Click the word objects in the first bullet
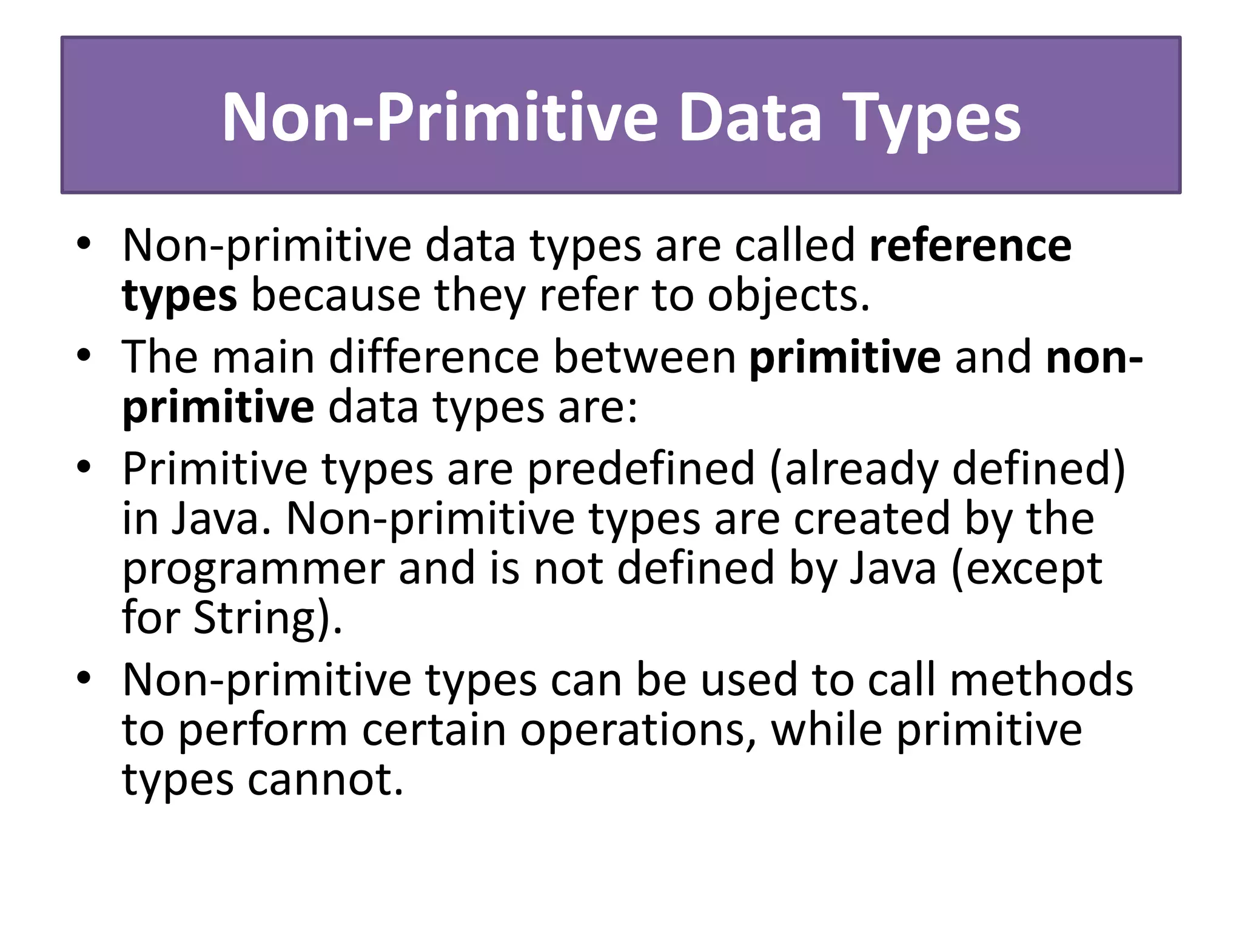[x=788, y=296]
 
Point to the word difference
[x=434, y=357]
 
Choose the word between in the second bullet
[x=645, y=357]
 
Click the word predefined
[x=640, y=469]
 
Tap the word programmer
[x=253, y=570]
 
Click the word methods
[x=1041, y=680]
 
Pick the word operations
[x=638, y=730]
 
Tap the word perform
[x=263, y=730]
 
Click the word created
[x=871, y=519]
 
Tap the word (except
[x=1026, y=570]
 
